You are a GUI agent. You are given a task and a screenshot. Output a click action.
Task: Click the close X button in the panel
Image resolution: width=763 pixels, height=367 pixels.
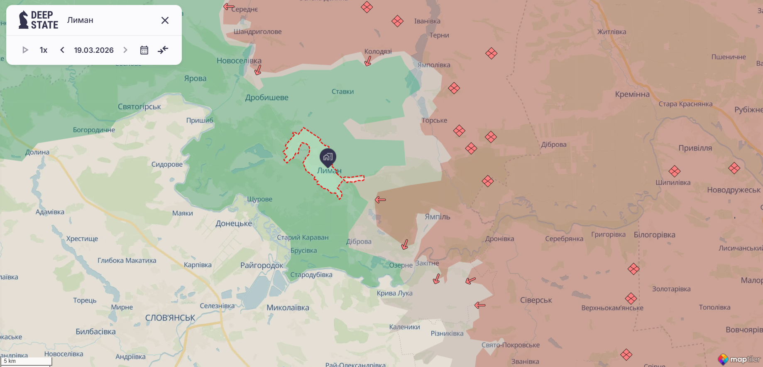[165, 20]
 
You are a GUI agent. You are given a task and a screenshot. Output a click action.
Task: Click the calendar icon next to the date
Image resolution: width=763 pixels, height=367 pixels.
[144, 50]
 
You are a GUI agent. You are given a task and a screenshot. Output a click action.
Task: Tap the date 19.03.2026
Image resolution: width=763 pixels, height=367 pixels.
[94, 50]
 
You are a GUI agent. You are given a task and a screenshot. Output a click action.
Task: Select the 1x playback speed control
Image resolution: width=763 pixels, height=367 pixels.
[44, 50]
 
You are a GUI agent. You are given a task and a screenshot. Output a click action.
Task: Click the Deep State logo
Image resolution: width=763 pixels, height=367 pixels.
[38, 20]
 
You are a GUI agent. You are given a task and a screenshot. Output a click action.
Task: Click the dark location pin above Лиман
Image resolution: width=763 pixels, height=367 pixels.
[328, 158]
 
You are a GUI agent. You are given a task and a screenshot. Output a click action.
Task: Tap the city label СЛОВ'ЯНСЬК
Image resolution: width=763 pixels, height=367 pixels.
[170, 318]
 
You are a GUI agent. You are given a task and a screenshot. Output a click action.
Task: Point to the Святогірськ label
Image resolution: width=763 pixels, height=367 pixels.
[139, 107]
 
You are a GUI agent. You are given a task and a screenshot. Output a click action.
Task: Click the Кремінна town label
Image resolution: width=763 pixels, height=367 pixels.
[632, 94]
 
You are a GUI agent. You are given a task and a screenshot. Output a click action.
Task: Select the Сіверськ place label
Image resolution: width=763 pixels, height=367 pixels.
[536, 300]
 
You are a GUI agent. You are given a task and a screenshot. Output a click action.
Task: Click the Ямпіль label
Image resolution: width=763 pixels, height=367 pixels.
[438, 217]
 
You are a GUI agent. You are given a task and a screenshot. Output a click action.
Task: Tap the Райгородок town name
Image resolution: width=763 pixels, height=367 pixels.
[262, 265]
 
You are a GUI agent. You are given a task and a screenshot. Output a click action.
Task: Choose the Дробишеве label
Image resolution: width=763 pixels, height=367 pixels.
[267, 98]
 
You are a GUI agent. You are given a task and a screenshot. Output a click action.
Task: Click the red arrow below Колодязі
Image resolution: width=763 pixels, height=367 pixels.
[368, 62]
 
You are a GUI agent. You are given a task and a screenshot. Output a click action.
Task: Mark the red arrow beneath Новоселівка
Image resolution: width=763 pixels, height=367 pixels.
[258, 70]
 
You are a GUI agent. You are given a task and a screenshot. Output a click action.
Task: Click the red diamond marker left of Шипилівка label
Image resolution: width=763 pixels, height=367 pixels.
[675, 171]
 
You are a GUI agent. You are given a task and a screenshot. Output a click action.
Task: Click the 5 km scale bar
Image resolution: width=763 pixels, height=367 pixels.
[26, 361]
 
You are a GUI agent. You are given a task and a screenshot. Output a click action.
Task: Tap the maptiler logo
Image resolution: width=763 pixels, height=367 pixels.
[740, 359]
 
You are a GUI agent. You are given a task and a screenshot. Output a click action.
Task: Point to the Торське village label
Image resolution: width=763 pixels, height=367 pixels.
[434, 121]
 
